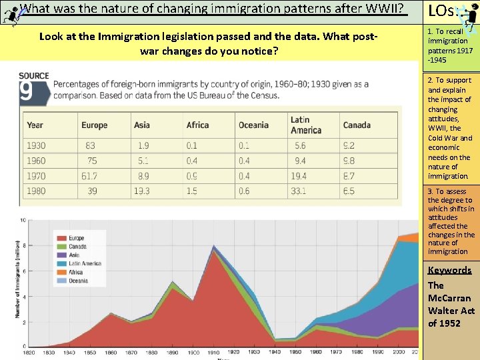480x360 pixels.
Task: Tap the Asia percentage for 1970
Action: tap(142, 176)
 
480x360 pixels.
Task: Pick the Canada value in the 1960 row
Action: tap(349, 161)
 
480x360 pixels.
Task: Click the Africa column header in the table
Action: tap(197, 125)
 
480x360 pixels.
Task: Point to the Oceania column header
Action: tap(253, 125)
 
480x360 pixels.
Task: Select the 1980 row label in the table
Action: tap(37, 191)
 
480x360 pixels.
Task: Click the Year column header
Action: tap(35, 125)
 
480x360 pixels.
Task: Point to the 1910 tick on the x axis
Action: tap(213, 352)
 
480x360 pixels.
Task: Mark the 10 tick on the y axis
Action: tap(23, 220)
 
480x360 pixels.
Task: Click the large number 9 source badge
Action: tap(26, 91)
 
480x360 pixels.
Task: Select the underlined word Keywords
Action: tap(449, 270)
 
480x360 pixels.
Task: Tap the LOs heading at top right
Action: tap(442, 11)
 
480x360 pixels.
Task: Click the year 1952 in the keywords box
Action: tap(449, 323)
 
